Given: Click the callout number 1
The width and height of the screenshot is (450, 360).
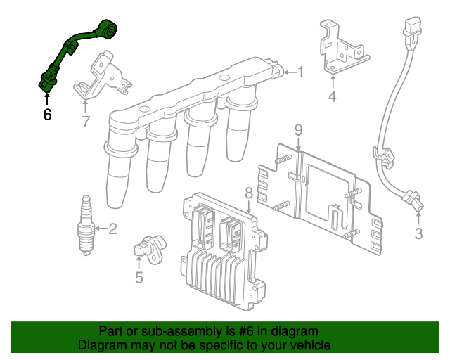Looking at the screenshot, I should coord(300,71).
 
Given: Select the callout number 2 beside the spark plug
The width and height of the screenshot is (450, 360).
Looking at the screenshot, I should coord(112,228).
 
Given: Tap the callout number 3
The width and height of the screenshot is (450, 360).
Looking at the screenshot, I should coord(418,234).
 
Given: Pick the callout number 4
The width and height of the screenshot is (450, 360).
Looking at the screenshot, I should coord(332,96).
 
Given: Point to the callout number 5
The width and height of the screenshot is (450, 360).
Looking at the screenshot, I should coord(139,278).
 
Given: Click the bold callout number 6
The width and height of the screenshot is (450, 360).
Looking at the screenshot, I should coord(47,115).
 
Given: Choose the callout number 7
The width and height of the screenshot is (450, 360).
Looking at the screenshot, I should coord(85,122).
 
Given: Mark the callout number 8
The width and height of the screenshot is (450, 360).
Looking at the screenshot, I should coord(248,193).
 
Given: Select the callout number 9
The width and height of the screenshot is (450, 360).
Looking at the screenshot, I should coord(297,129).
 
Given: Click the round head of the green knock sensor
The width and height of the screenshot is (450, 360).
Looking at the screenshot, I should coord(108,31).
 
